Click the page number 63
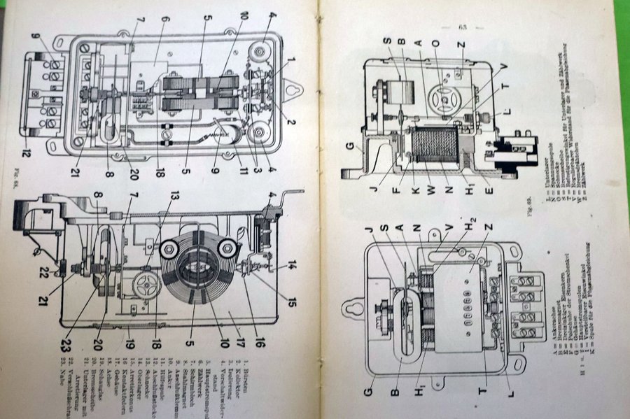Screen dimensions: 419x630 click(x=463, y=27)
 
